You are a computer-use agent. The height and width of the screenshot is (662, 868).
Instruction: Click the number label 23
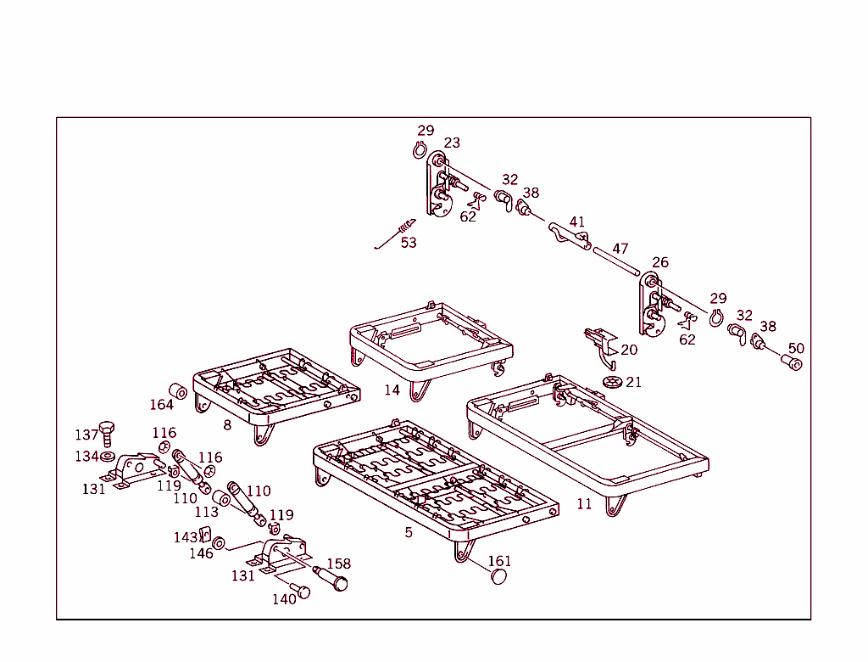point(452,143)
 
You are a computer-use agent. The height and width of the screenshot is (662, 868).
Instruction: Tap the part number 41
point(577,222)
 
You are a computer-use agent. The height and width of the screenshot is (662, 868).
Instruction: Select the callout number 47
point(620,249)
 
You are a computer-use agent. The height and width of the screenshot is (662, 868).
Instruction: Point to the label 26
point(660,262)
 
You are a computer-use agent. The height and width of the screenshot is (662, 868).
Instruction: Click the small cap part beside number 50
point(793,363)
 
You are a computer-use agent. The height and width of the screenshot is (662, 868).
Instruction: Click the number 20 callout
point(629,350)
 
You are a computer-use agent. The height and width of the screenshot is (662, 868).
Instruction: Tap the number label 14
point(392,390)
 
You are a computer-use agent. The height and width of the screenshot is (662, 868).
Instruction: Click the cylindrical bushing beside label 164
point(179,392)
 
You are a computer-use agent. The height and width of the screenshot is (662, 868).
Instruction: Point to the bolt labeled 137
point(107,430)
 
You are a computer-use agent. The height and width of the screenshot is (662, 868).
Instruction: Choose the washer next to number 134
point(108,457)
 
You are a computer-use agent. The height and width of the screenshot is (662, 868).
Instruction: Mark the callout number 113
point(207,512)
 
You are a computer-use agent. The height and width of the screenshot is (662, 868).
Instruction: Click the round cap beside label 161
point(499,577)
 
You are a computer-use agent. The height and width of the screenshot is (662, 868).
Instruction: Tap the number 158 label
point(338,564)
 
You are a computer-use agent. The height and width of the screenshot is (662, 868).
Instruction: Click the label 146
point(201,553)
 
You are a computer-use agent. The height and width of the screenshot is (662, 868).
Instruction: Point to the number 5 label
point(409,532)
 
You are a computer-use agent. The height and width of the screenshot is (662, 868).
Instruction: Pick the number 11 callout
point(584,503)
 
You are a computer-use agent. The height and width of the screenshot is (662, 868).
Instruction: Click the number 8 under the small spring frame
point(227,424)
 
